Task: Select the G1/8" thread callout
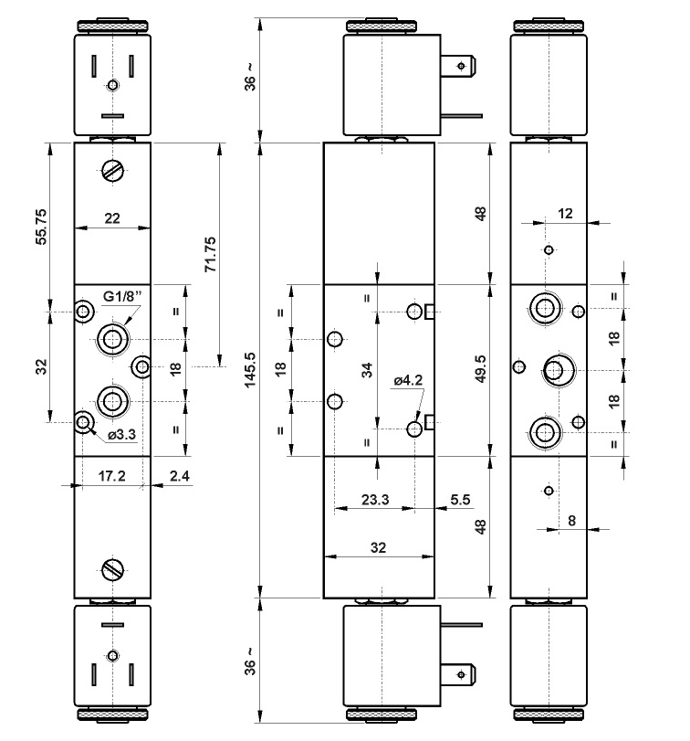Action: pos(121,295)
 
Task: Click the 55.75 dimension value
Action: pos(40,228)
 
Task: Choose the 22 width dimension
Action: pos(111,217)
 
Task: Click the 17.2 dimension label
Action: pos(111,476)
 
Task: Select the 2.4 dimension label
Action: pos(181,476)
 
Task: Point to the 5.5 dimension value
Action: pos(460,500)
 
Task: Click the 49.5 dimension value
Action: pos(481,369)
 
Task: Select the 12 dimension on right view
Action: pos(566,213)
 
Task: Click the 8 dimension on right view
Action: pos(572,520)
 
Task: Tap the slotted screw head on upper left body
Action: pos(111,171)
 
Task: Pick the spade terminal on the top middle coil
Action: pos(460,65)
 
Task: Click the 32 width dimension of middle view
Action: pos(379,547)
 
